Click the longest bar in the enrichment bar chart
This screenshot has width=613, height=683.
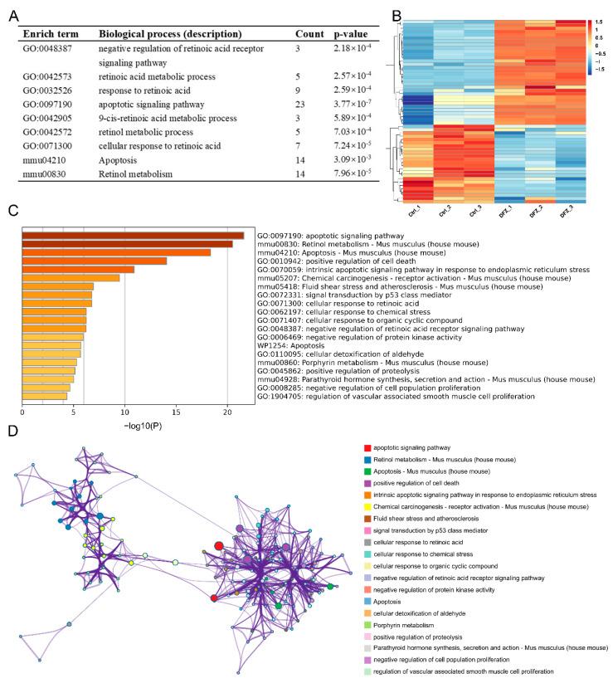pyautogui.click(x=133, y=236)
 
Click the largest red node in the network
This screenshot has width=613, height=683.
pyautogui.click(x=218, y=569)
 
